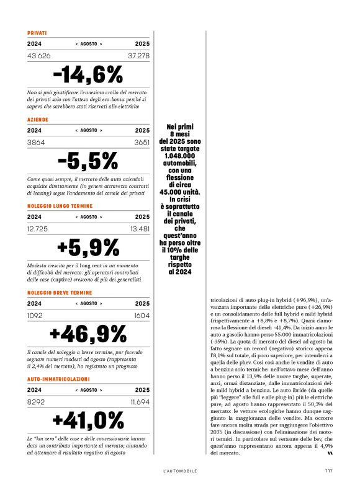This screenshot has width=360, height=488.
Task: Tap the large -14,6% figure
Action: (88, 74)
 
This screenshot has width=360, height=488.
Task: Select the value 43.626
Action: (39, 56)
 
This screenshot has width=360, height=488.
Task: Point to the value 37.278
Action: (138, 56)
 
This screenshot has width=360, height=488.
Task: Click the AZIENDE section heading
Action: (38, 118)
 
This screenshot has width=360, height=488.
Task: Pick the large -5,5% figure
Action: (88, 161)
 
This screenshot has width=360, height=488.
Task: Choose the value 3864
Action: (36, 142)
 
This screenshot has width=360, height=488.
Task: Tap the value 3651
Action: (141, 142)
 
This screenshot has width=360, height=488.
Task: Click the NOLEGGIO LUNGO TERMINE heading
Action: (60, 205)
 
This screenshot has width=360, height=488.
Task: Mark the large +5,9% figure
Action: (88, 247)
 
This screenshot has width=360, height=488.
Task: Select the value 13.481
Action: (140, 229)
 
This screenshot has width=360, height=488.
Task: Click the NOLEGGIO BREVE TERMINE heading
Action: (60, 291)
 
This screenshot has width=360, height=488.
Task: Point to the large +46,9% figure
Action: (88, 334)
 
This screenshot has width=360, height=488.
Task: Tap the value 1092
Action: (36, 316)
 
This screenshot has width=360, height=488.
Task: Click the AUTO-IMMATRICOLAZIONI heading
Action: (59, 378)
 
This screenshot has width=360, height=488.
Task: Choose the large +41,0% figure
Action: (88, 420)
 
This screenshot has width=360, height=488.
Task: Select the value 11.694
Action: (140, 402)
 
